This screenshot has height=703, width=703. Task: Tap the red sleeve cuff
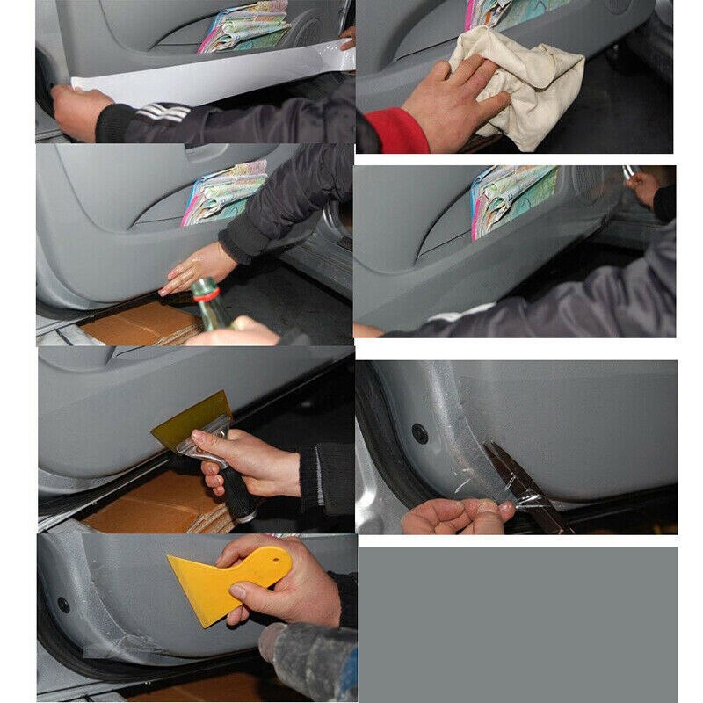coord(395,132)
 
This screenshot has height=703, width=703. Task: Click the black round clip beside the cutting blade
coord(419,432)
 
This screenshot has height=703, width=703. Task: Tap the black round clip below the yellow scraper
coord(63,604)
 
